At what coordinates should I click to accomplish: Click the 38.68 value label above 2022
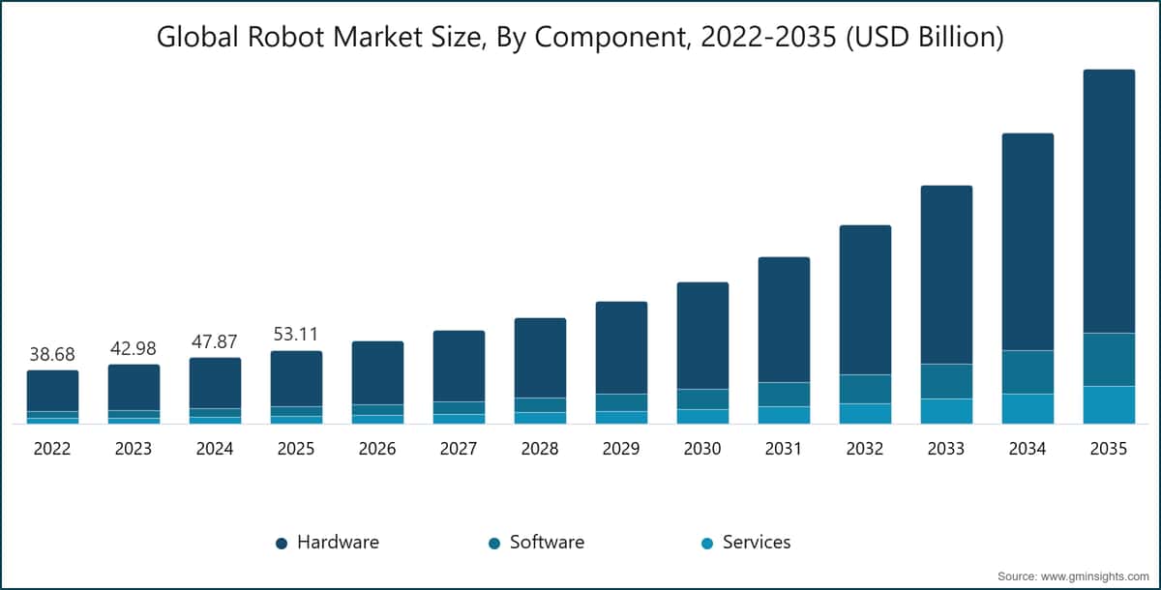(52, 355)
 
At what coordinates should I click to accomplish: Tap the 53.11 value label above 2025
(296, 335)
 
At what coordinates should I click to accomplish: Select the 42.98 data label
(134, 348)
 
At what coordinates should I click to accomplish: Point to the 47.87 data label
(215, 342)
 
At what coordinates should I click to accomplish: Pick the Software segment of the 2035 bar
(1109, 359)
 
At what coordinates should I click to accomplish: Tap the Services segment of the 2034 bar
(1027, 408)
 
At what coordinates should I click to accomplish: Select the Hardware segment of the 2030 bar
(702, 336)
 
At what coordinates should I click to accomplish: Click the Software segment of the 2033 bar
(946, 381)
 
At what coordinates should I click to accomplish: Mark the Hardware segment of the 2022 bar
(52, 391)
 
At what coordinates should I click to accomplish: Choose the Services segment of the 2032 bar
(865, 413)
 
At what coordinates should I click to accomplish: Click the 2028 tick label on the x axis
(540, 450)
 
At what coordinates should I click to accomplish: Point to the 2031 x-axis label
(784, 450)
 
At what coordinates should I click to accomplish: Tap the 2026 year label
(377, 450)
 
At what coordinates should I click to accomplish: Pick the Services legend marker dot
(707, 544)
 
